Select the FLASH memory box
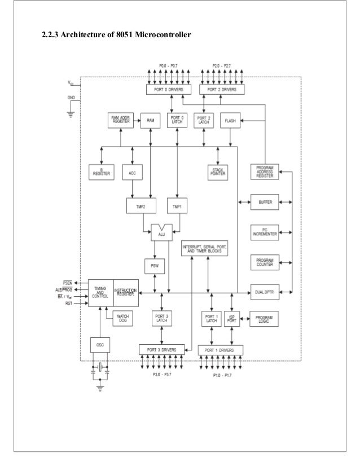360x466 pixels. click(x=230, y=121)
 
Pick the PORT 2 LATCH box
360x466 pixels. click(x=203, y=121)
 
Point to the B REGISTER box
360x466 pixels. click(x=102, y=172)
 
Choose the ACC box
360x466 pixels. click(x=132, y=172)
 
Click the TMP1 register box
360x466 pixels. click(x=177, y=206)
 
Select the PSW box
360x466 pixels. click(x=153, y=265)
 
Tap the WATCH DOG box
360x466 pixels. click(x=123, y=318)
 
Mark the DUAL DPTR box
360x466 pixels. click(x=265, y=292)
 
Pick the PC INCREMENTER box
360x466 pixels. click(x=265, y=231)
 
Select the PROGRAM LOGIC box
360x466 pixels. click(x=265, y=318)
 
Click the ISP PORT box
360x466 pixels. click(x=231, y=318)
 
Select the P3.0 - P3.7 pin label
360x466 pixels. click(x=163, y=373)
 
